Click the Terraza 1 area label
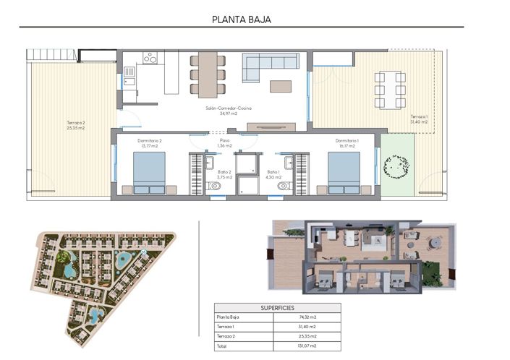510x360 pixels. pyautogui.click(x=419, y=119)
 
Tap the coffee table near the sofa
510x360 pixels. pyautogui.click(x=281, y=86)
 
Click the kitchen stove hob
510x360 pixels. pyautogui.click(x=151, y=56)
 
